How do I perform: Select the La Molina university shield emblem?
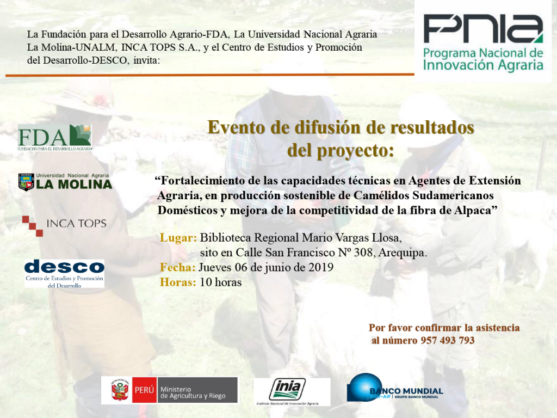pos(26,182)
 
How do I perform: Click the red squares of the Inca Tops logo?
pos(33,226)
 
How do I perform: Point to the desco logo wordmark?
pos(64,267)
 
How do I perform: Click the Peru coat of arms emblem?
pos(120,390)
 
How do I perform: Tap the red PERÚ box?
pos(144,390)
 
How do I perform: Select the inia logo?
pos(287,389)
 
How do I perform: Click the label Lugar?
pos(178,237)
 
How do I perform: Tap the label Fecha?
pos(178,267)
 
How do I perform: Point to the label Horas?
pos(178,282)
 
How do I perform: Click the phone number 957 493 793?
pos(448,341)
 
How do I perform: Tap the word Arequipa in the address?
pos(403,253)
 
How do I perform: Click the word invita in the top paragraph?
pos(146,60)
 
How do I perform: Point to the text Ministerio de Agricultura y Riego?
pos(193,392)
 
